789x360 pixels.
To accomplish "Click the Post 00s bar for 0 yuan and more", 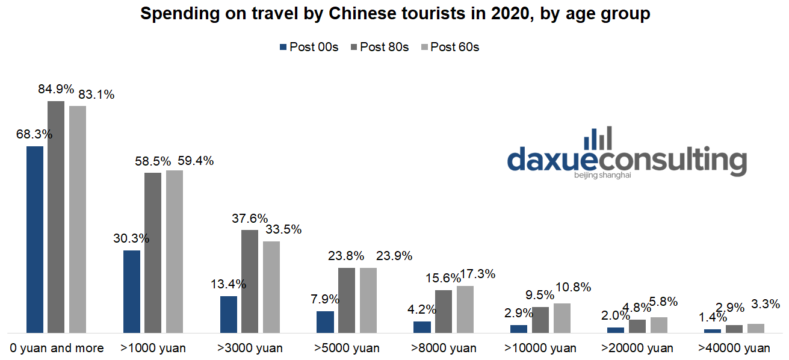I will click(35, 239).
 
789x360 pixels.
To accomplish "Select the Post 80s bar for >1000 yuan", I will click(153, 252).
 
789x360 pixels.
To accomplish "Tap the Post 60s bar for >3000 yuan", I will click(271, 287).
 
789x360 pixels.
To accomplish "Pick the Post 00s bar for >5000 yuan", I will click(325, 321).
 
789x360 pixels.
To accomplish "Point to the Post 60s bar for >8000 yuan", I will click(465, 309).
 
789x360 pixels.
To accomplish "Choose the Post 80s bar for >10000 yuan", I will click(540, 319).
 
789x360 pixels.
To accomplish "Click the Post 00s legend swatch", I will click(282, 47).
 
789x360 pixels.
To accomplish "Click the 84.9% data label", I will click(56, 90).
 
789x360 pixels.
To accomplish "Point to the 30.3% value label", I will click(131, 238).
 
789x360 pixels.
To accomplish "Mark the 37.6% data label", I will click(250, 219).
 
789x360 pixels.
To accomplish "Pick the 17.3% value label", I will click(478, 275).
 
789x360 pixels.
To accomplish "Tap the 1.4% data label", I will click(712, 318).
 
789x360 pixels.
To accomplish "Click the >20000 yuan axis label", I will click(637, 348).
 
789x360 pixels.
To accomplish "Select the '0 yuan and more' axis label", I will click(57, 348).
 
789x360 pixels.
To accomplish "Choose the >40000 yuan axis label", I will click(734, 348).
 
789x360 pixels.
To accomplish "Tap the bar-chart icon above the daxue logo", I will click(598, 138).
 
